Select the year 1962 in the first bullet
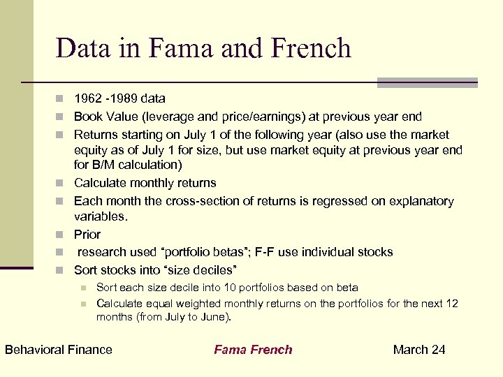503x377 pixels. pos(87,98)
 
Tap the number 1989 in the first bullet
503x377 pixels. pos(124,98)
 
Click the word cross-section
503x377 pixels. pos(197,201)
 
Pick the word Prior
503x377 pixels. pos(87,235)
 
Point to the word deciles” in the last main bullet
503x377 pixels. pos(217,270)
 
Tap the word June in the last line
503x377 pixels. pos(212,317)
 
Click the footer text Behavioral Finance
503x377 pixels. pos(59,350)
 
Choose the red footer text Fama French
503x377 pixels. pos(253,350)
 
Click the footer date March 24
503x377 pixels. pos(419,350)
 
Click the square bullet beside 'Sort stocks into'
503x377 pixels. pos(61,270)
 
